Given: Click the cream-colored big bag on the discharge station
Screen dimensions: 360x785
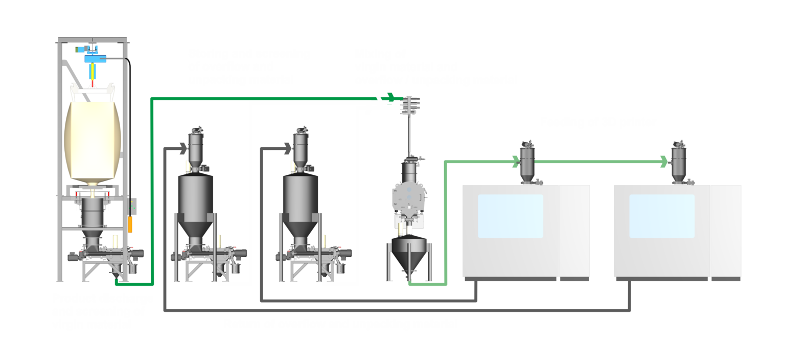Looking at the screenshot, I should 93,141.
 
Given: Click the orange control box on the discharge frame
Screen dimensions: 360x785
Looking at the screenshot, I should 130,224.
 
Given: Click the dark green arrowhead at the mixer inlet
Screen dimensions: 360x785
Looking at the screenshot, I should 391,97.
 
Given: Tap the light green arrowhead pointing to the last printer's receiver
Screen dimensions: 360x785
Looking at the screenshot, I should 663,162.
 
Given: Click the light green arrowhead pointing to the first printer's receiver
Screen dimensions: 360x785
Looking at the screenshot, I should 513,162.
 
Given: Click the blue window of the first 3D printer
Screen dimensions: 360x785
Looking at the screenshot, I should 510,215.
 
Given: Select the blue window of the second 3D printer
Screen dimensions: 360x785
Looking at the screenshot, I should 661,215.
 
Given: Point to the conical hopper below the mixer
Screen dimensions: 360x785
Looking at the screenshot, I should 409,255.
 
